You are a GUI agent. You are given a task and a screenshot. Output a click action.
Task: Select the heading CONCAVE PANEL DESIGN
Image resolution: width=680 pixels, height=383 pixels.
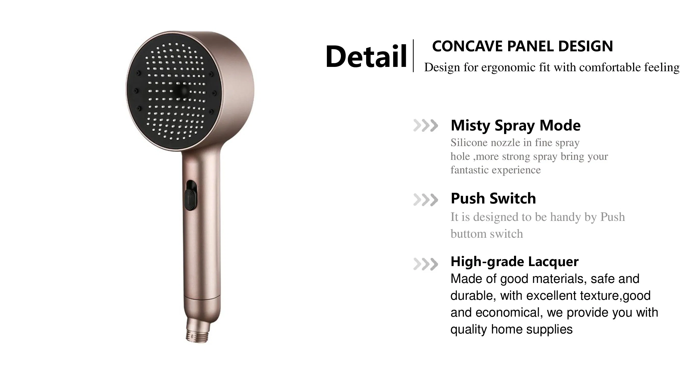pyautogui.click(x=522, y=46)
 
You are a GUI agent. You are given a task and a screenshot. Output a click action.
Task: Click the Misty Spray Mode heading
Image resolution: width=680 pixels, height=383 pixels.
pyautogui.click(x=515, y=125)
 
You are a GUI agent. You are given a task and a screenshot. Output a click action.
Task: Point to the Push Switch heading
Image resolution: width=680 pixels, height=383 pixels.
pyautogui.click(x=493, y=198)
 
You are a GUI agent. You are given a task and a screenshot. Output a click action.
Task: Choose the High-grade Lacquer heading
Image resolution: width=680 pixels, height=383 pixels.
pyautogui.click(x=514, y=261)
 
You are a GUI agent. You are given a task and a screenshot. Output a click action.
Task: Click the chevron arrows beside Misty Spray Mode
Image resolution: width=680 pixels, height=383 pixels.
pyautogui.click(x=425, y=126)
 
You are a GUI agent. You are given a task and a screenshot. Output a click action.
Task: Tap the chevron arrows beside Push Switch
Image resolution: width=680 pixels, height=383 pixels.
pyautogui.click(x=425, y=200)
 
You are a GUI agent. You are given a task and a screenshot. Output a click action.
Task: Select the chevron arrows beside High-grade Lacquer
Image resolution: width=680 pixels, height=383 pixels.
pyautogui.click(x=425, y=264)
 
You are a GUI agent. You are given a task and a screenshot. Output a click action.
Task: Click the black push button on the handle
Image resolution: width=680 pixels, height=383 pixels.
pyautogui.click(x=190, y=199)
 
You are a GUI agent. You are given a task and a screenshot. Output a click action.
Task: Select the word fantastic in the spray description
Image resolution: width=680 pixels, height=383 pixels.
pyautogui.click(x=469, y=170)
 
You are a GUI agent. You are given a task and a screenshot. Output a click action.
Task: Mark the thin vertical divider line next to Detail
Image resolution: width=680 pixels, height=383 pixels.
pyautogui.click(x=413, y=55)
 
